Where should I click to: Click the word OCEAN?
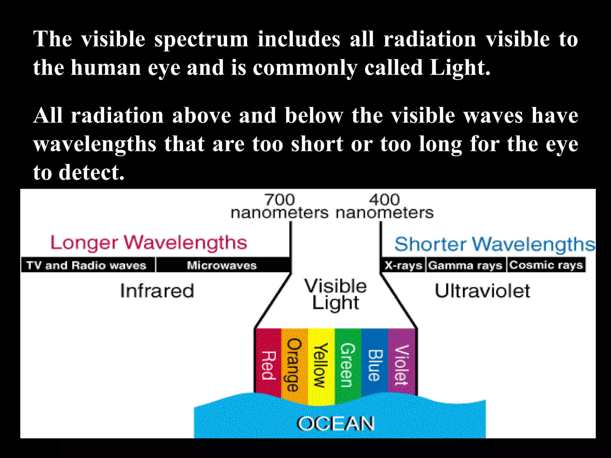[x=336, y=424]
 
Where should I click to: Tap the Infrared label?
[x=157, y=291]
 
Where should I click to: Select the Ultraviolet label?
[x=482, y=291]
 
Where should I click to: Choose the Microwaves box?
[x=222, y=265]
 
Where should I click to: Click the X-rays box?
[x=403, y=265]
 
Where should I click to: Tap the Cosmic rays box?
[x=546, y=265]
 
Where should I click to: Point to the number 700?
[x=280, y=199]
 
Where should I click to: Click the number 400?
[x=384, y=199]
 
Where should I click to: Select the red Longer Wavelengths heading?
[x=149, y=243]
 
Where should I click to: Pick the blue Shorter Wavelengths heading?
[x=494, y=245]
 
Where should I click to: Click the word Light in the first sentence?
[x=459, y=68]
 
